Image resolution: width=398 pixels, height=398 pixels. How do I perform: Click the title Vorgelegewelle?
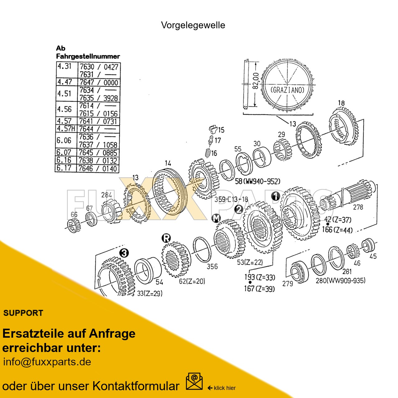coord(193,25)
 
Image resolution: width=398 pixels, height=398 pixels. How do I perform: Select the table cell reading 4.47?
coord(64,82)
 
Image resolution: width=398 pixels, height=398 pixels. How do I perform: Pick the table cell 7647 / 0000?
coord(99,82)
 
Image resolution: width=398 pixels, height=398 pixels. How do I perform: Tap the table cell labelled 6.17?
coord(64,168)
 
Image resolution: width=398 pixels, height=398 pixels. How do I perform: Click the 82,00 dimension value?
coord(256,81)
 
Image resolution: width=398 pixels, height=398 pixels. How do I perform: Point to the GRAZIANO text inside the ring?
coord(287,90)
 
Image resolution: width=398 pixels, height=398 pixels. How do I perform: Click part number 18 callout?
coord(341,103)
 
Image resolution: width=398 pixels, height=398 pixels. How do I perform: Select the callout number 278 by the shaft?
coord(358,207)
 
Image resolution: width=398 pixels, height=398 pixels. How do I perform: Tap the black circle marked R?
coord(166,238)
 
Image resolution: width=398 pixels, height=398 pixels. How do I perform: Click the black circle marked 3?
coord(124,253)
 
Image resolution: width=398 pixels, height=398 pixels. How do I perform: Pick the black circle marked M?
coord(216,218)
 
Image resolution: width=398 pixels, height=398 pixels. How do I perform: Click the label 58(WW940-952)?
coord(257,181)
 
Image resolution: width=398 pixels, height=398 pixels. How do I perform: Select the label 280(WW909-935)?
coord(340,280)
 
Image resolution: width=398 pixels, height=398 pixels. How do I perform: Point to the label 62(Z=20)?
coord(192,281)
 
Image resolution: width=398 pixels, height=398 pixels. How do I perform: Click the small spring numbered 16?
coord(207,153)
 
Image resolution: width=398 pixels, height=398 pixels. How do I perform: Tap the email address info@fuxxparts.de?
coord(47,362)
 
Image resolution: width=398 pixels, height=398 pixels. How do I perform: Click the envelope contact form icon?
coord(194,382)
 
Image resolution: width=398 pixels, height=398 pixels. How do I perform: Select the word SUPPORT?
coord(23,313)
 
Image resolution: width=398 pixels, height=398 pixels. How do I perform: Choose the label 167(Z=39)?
coord(259,289)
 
